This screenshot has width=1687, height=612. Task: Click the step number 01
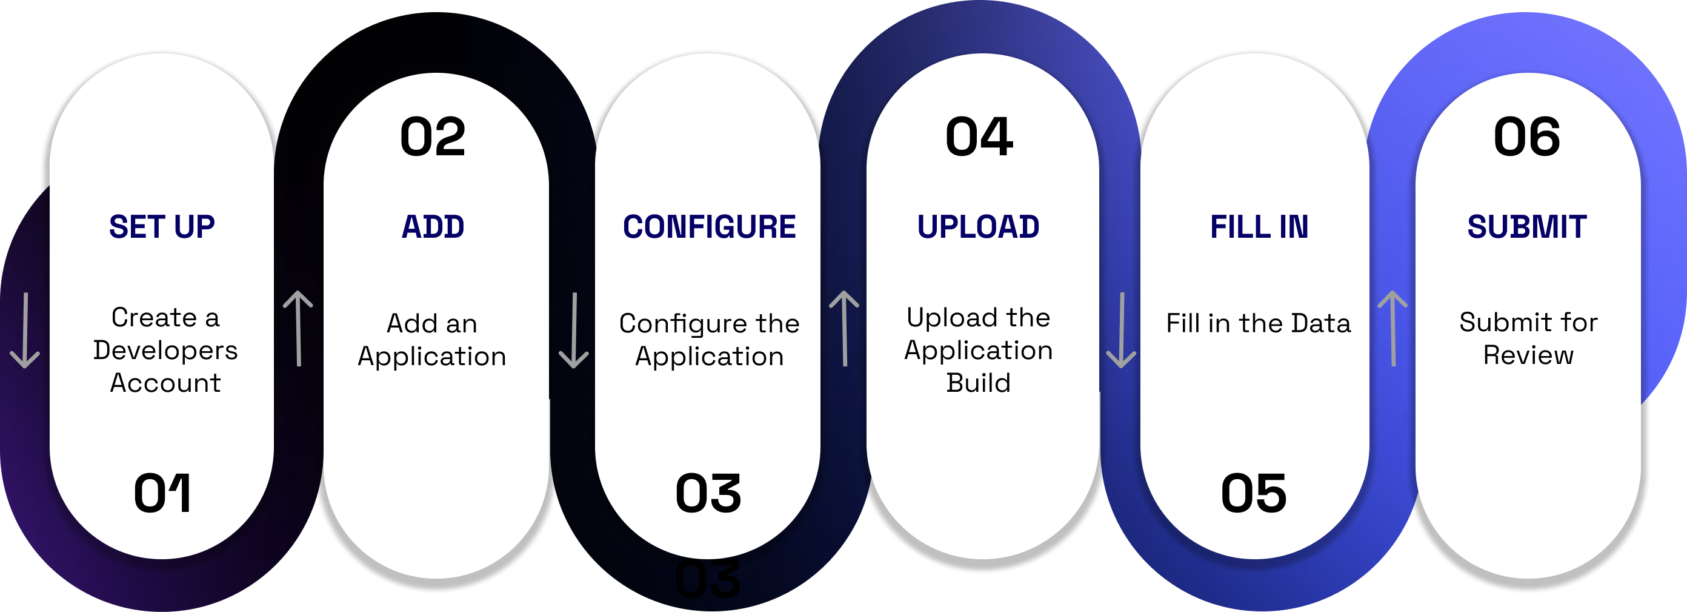click(x=162, y=493)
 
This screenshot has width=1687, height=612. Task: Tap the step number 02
click(x=433, y=137)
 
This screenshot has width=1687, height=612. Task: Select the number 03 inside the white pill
click(x=708, y=493)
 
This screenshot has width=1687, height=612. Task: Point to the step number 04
click(x=979, y=137)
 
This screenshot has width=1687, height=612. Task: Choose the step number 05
click(x=1254, y=493)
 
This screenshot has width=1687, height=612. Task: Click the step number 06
click(x=1526, y=137)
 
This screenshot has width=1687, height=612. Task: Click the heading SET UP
click(x=162, y=227)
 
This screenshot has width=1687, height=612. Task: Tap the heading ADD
click(x=433, y=227)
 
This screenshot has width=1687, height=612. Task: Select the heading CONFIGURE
click(x=709, y=227)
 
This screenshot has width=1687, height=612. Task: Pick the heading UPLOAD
click(x=979, y=227)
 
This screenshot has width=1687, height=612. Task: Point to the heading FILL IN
click(x=1259, y=227)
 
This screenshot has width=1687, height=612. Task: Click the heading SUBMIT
click(x=1526, y=227)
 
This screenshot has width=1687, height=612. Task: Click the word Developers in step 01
click(x=165, y=351)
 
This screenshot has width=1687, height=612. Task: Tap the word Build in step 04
click(x=979, y=383)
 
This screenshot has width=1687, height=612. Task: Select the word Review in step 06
click(x=1528, y=355)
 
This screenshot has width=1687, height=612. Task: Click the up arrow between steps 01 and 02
click(x=298, y=328)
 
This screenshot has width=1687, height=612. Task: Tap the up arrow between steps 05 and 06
click(x=1393, y=328)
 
